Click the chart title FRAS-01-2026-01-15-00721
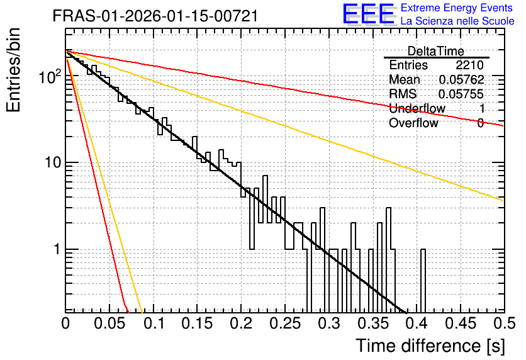(x=155, y=16)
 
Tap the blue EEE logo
(x=369, y=14)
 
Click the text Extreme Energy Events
(x=457, y=8)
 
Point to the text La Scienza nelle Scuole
(x=457, y=21)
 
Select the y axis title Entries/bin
(x=13, y=70)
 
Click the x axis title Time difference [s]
(x=430, y=346)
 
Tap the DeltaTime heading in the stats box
(x=436, y=51)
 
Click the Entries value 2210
(x=469, y=65)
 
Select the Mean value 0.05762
(x=462, y=79)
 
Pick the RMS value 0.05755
(x=461, y=94)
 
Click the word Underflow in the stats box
(x=417, y=108)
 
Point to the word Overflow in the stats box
(x=413, y=123)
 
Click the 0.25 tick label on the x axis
(x=285, y=323)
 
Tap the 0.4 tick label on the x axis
(x=417, y=323)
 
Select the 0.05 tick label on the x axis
(x=109, y=323)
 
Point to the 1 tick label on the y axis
(x=56, y=249)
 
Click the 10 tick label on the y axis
(x=53, y=162)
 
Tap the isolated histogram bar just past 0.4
(x=423, y=281)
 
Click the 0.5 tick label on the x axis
(x=505, y=323)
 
